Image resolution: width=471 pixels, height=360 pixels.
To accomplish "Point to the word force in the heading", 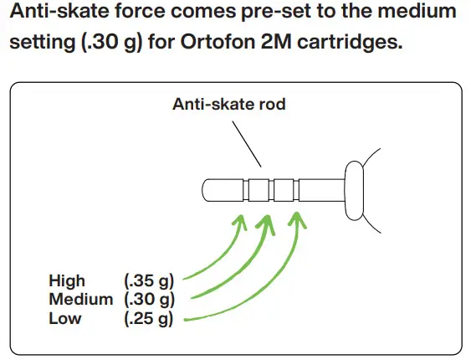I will click(x=161, y=13).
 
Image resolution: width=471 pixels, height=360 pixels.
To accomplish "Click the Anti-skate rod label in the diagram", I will click(x=228, y=105).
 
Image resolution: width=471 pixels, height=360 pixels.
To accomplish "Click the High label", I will click(x=67, y=280).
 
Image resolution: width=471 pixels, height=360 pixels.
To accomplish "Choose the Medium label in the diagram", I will click(x=80, y=299).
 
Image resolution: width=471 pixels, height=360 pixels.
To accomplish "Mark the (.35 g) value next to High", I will click(x=148, y=280).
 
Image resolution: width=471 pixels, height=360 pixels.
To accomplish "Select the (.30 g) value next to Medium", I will click(x=148, y=299).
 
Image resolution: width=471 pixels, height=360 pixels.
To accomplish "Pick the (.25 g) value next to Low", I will click(x=148, y=317).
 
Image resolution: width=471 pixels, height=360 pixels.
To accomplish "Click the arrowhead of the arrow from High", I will click(x=240, y=219).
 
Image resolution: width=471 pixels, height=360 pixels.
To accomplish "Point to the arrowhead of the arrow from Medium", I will click(x=268, y=219).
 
